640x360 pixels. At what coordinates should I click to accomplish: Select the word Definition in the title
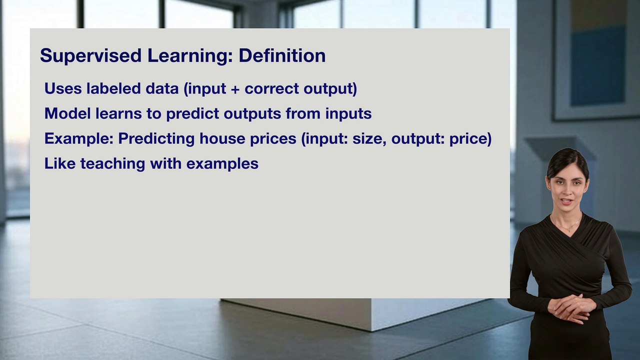coord(282,55)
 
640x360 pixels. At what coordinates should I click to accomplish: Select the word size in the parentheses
coord(369,138)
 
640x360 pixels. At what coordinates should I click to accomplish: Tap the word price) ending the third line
coord(470,138)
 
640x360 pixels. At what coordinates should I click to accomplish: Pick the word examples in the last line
coord(222,163)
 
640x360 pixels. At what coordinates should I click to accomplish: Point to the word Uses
coord(63,88)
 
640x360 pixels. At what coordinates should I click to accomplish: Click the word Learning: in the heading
coord(190,55)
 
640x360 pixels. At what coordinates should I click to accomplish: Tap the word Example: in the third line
coord(78,138)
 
